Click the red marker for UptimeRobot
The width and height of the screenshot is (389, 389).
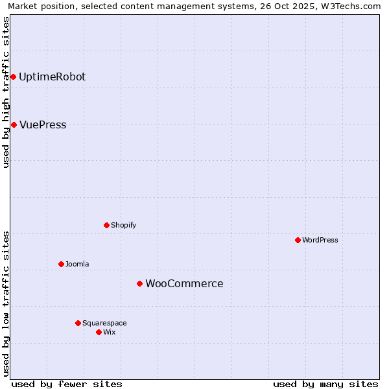pos(13,77)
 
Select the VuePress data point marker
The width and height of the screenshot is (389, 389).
pos(14,124)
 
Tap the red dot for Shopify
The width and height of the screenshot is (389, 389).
pos(107,225)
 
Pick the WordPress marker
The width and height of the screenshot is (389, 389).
pos(298,240)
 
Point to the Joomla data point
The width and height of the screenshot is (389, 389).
pos(61,264)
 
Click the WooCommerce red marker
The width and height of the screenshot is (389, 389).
pos(139,283)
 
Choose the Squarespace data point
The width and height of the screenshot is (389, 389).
pos(78,323)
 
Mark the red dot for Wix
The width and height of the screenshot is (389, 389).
pos(99,332)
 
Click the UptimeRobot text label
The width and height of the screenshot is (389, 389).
pos(52,77)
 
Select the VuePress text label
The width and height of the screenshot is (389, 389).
pos(43,125)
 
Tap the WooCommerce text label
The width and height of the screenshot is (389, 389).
pos(184,284)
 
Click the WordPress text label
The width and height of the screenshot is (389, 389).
pos(320,241)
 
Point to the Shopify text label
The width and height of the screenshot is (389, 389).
pos(123,226)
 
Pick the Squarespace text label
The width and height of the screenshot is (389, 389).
pos(104,324)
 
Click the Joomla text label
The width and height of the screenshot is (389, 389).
pos(77,265)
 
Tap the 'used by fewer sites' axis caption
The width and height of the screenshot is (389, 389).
pos(67,384)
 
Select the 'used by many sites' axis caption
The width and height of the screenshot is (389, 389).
pos(325,384)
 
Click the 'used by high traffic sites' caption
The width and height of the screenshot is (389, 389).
pos(6,92)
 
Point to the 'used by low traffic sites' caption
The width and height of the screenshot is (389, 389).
pos(6,303)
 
